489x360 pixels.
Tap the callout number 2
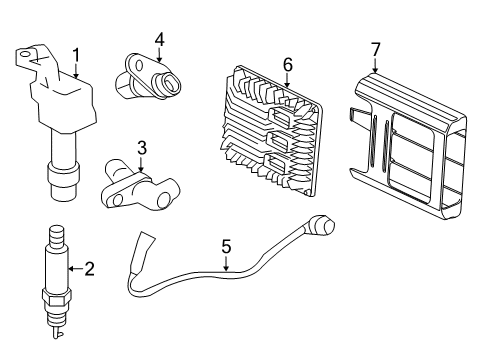click(x=89, y=267)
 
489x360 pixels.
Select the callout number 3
click(x=142, y=148)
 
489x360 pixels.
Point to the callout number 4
click(x=158, y=39)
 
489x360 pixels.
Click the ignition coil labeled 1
click(x=61, y=110)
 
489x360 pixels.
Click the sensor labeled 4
click(x=148, y=80)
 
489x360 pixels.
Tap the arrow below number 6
click(x=286, y=80)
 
